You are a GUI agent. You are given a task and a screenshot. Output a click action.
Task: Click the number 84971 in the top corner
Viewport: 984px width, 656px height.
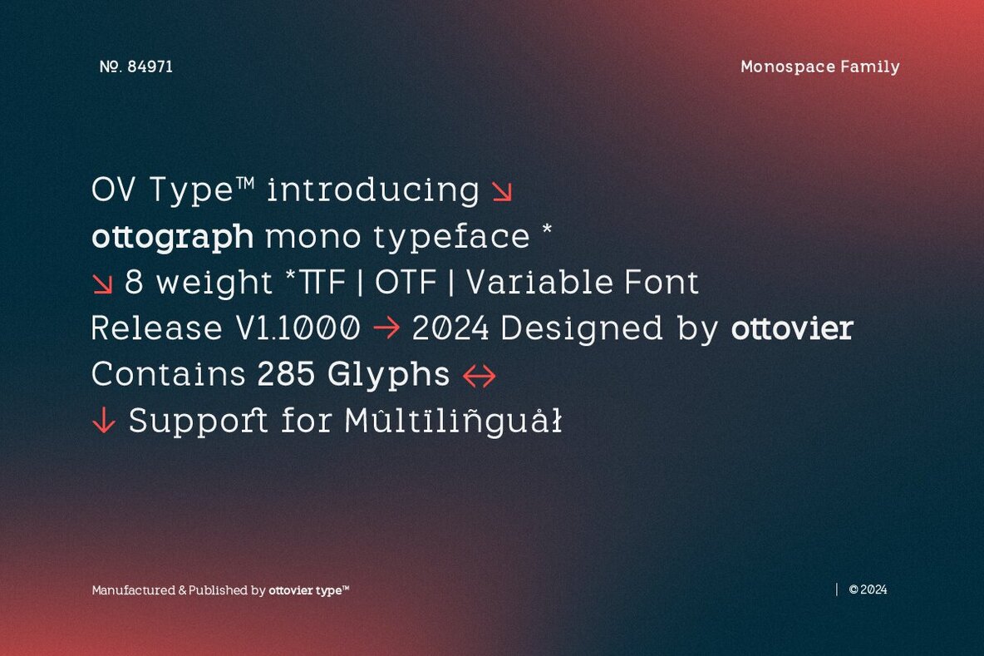pos(150,67)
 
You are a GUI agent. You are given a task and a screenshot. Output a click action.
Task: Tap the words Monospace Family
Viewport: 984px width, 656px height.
pos(819,67)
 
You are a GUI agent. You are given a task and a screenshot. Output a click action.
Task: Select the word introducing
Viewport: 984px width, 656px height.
pos(372,190)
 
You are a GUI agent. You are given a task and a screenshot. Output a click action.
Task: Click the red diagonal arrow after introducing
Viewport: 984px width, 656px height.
pos(501,192)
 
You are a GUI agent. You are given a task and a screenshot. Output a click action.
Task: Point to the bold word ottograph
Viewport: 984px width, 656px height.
pos(172,237)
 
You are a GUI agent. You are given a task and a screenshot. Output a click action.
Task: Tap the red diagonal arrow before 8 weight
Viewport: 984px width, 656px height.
pos(102,284)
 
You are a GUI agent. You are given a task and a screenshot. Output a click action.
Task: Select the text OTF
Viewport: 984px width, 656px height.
pos(406,284)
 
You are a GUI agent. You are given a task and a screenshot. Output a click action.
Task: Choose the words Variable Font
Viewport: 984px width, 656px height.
pos(582,284)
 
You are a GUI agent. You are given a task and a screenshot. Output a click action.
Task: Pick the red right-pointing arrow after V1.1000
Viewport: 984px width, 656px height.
pos(386,329)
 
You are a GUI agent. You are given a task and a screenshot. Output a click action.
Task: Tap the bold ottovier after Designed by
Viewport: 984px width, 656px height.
pos(791,329)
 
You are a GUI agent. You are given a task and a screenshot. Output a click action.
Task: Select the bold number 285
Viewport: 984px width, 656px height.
pos(286,375)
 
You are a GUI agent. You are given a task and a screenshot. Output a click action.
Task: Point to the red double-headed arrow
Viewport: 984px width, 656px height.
pos(480,377)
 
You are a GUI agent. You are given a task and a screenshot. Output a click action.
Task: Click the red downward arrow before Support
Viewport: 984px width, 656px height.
pos(103,422)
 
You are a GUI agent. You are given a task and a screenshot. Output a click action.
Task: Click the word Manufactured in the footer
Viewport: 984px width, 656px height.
pos(133,590)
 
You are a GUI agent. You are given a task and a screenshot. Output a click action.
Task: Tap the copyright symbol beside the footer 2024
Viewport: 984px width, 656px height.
pos(854,590)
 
